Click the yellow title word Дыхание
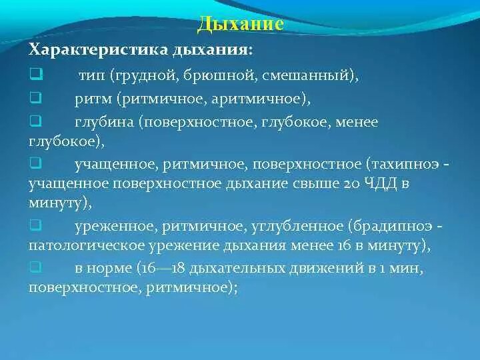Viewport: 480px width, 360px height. (x=240, y=23)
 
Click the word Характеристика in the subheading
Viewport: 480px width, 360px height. (x=98, y=49)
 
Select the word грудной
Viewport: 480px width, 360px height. (x=145, y=75)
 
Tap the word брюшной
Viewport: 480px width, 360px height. (x=219, y=75)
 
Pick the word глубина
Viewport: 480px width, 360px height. (x=105, y=123)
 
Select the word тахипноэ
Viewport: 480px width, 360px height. (x=404, y=165)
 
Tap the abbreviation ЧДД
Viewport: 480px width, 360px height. (x=381, y=183)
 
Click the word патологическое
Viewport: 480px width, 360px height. (x=87, y=246)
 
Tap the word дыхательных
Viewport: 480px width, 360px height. (x=240, y=269)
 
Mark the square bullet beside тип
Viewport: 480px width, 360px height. (x=37, y=75)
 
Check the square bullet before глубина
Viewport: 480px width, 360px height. (x=36, y=121)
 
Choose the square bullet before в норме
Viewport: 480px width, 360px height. (x=36, y=267)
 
